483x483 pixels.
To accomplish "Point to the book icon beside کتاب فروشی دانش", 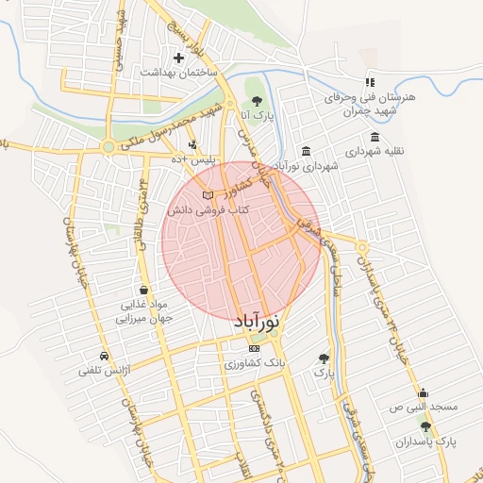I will pos(208,195).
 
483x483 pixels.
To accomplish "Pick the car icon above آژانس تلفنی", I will pos(104,356).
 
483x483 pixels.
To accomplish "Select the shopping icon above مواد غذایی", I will pos(142,290).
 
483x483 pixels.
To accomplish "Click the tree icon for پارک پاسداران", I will pos(424,425).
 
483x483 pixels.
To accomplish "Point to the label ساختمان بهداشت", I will pos(178,73).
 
